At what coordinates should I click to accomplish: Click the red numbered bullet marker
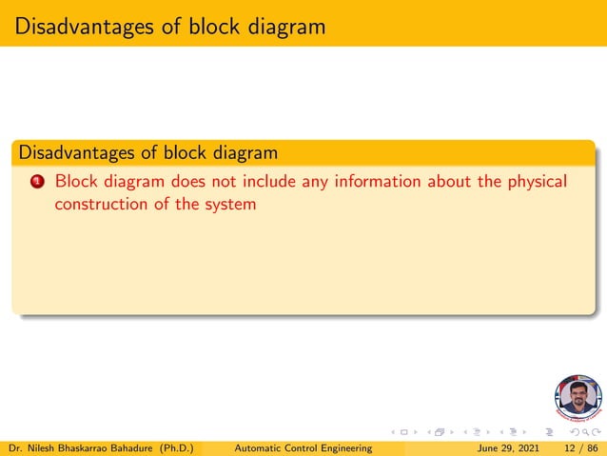tap(37, 181)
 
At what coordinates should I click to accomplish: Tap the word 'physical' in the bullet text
tap(536, 181)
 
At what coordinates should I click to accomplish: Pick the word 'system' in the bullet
tap(231, 204)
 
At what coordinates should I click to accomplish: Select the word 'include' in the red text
tap(270, 181)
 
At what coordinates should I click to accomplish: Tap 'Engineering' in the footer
tap(341, 447)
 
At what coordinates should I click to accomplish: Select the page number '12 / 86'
tap(580, 447)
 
